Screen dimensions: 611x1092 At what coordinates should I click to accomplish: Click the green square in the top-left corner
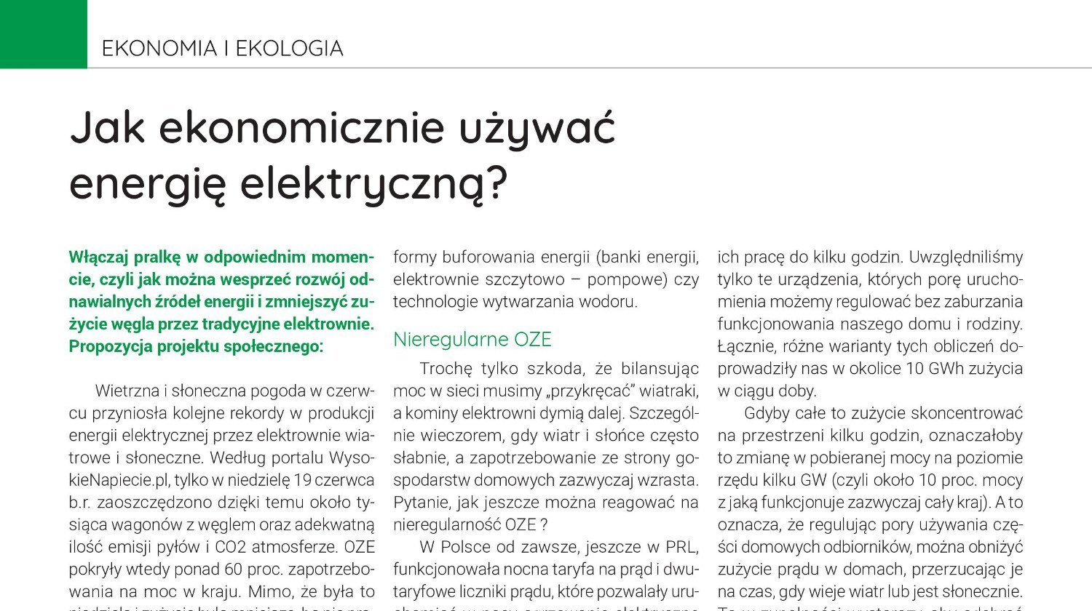click(x=43, y=33)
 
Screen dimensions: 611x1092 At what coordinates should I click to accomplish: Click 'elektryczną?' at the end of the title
click(x=373, y=185)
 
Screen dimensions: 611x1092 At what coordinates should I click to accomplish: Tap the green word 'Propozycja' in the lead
click(x=111, y=346)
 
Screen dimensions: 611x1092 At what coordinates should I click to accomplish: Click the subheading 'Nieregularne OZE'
click(x=472, y=340)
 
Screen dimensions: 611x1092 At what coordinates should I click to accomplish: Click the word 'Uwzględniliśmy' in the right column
click(x=966, y=257)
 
